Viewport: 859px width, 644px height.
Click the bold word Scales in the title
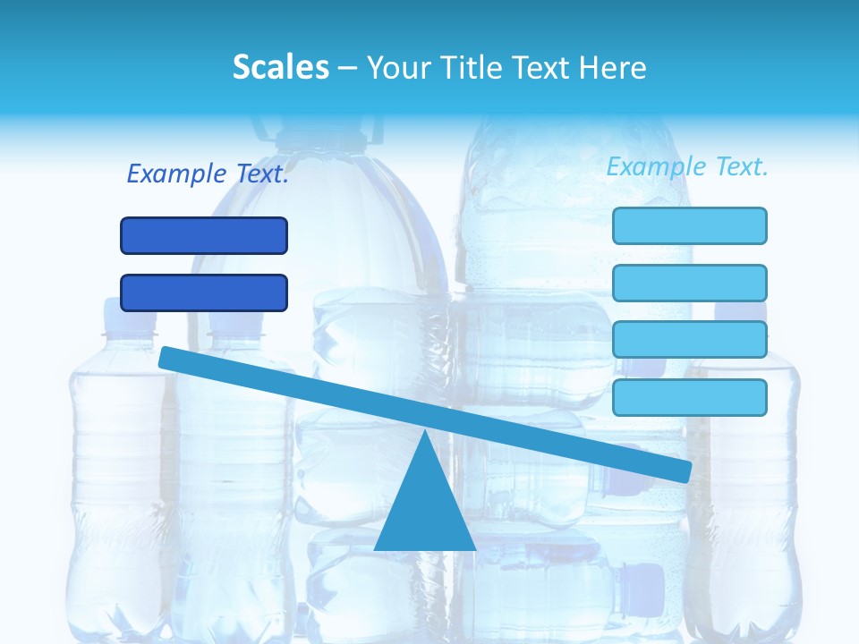pyautogui.click(x=280, y=67)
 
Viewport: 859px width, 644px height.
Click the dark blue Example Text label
pyautogui.click(x=208, y=174)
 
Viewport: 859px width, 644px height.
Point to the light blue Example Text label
pyautogui.click(x=687, y=166)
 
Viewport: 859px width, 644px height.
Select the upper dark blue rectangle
pyautogui.click(x=204, y=235)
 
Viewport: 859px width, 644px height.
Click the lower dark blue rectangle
pyautogui.click(x=204, y=292)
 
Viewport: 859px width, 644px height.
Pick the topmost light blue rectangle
pyautogui.click(x=690, y=225)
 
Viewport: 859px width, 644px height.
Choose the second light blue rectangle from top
pyautogui.click(x=690, y=283)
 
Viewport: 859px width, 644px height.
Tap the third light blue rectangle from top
pyautogui.click(x=690, y=340)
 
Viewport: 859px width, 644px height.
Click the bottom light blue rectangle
pyautogui.click(x=690, y=397)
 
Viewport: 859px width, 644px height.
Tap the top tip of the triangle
pyautogui.click(x=425, y=433)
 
